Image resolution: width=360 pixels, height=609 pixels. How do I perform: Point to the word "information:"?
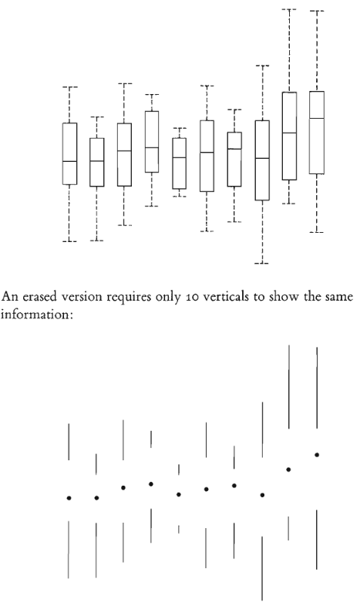tap(37, 315)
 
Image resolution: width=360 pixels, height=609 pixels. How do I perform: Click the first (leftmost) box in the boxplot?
tap(70, 154)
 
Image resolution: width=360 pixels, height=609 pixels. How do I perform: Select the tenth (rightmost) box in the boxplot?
tap(317, 133)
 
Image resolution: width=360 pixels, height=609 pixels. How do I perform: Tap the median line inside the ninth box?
tap(289, 133)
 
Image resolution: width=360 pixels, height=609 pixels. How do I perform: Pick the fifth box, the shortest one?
tap(179, 163)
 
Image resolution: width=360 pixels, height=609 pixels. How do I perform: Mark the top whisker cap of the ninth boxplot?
tap(289, 9)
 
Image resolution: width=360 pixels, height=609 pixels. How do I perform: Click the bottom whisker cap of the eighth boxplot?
tap(262, 264)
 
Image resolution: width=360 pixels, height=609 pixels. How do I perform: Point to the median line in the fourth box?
tap(151, 147)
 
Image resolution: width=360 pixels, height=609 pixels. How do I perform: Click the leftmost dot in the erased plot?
tap(69, 498)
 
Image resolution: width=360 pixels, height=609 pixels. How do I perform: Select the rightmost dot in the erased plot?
tap(317, 455)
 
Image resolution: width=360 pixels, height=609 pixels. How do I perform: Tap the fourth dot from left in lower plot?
tap(151, 484)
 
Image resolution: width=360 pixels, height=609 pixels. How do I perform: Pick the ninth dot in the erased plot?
tap(288, 469)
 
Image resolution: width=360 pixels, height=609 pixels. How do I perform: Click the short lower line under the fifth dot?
tap(179, 530)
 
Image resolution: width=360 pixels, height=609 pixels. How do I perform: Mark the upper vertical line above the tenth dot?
tap(317, 388)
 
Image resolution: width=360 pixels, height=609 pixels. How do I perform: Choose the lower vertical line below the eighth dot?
tap(262, 569)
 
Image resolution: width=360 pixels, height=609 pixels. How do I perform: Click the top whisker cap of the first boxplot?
tap(70, 87)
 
